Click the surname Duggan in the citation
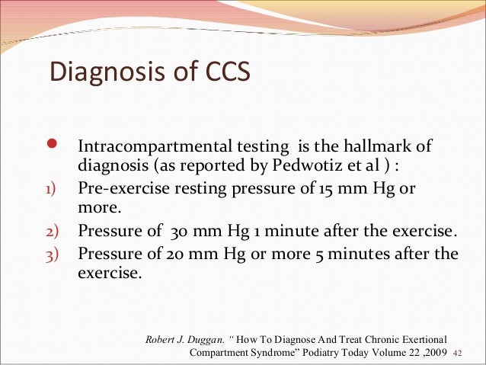(x=198, y=338)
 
